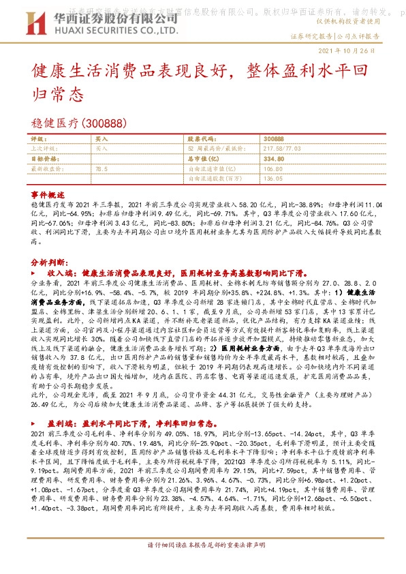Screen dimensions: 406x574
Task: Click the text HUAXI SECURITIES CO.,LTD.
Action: [87, 29]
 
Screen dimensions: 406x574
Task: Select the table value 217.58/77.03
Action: [282, 147]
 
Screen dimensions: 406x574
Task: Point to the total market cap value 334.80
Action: [272, 157]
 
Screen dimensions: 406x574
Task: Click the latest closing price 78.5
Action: [101, 168]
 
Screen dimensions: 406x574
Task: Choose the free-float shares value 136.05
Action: [272, 178]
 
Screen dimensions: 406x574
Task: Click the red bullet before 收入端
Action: [34, 271]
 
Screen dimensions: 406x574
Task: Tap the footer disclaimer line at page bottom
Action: [203, 564]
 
